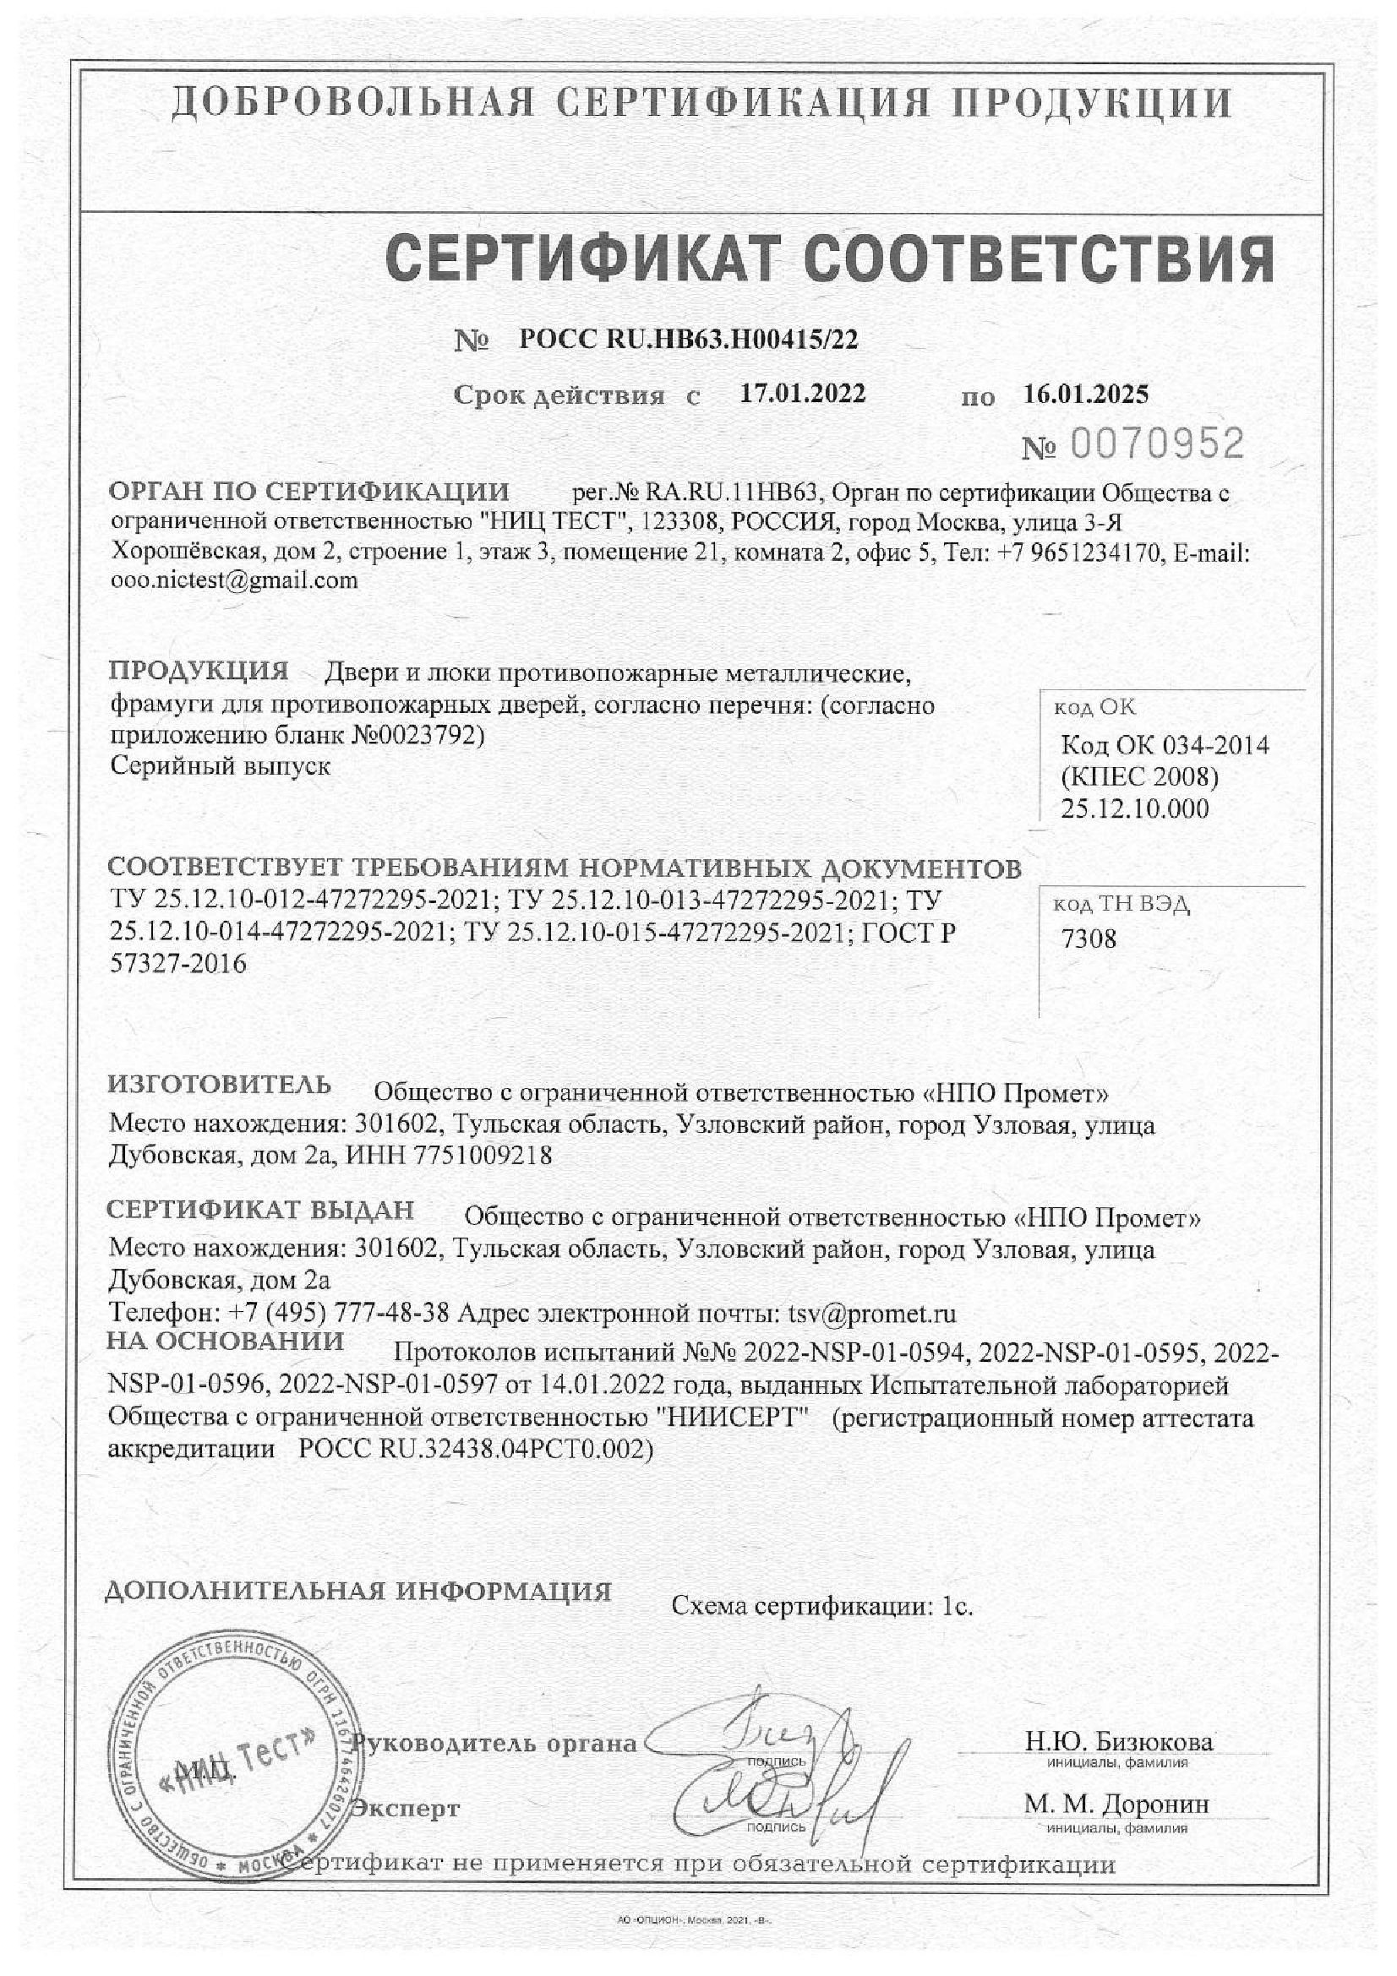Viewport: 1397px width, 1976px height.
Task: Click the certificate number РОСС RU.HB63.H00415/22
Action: [x=689, y=340]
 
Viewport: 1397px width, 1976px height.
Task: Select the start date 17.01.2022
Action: [x=802, y=394]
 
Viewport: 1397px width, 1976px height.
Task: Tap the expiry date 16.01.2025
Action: [x=1085, y=395]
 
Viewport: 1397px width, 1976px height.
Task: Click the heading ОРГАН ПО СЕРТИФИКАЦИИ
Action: [x=308, y=492]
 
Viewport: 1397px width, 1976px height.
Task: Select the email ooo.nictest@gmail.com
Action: [x=234, y=580]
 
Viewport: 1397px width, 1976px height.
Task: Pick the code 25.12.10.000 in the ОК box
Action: [x=1133, y=808]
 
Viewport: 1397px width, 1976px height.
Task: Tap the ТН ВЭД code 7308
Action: [x=1088, y=938]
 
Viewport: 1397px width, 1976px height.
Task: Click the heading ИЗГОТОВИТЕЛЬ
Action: [x=220, y=1085]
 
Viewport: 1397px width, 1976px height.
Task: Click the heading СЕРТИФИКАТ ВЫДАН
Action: [x=260, y=1209]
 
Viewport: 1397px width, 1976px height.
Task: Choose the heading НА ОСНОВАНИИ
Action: [x=226, y=1341]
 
